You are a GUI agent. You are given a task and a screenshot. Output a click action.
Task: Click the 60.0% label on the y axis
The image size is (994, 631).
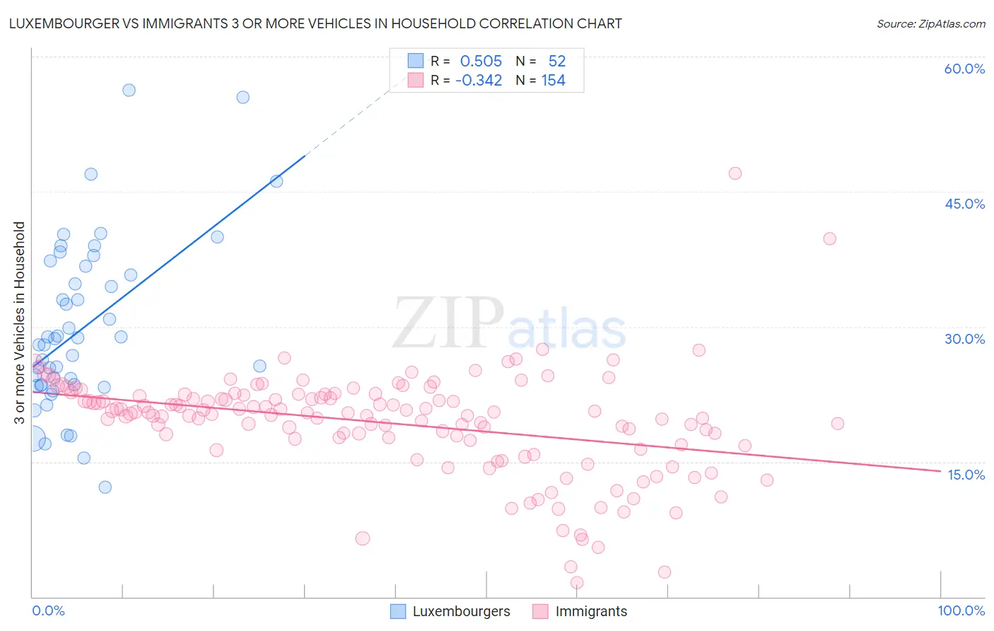point(964,69)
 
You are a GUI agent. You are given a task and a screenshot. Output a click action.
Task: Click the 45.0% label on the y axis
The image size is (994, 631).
point(964,204)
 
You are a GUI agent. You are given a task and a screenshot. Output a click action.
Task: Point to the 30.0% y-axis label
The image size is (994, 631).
point(964,339)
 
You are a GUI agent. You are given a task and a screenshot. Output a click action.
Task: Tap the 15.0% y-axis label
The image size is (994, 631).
point(966,475)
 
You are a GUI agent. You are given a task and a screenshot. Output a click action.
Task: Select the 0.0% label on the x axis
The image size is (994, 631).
point(48,610)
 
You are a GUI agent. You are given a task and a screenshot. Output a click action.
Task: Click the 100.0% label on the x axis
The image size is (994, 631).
point(961,610)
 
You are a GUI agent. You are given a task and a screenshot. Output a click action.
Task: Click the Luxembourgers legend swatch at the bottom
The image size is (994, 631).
point(398,611)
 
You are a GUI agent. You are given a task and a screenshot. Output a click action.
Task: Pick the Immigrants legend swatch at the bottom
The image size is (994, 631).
point(541,611)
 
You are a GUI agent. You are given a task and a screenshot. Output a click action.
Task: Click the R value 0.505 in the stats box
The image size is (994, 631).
point(481,61)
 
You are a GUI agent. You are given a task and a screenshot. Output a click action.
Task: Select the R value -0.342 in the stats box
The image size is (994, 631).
point(479,81)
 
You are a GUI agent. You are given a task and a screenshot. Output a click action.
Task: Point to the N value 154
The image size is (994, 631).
point(553,81)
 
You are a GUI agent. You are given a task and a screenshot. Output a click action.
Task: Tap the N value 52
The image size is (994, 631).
point(556,61)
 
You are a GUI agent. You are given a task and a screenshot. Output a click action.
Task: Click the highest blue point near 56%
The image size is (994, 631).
point(129,90)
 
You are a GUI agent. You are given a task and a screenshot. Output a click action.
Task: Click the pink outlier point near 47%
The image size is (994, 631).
point(735,173)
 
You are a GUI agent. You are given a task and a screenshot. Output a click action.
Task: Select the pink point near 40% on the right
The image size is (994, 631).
point(829,239)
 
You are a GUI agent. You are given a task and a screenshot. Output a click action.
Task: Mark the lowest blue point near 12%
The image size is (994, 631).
point(105,487)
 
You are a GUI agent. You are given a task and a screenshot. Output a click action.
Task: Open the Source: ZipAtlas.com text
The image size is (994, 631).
point(930,23)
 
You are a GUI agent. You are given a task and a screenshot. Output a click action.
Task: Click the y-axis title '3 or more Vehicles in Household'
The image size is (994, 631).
point(20,323)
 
